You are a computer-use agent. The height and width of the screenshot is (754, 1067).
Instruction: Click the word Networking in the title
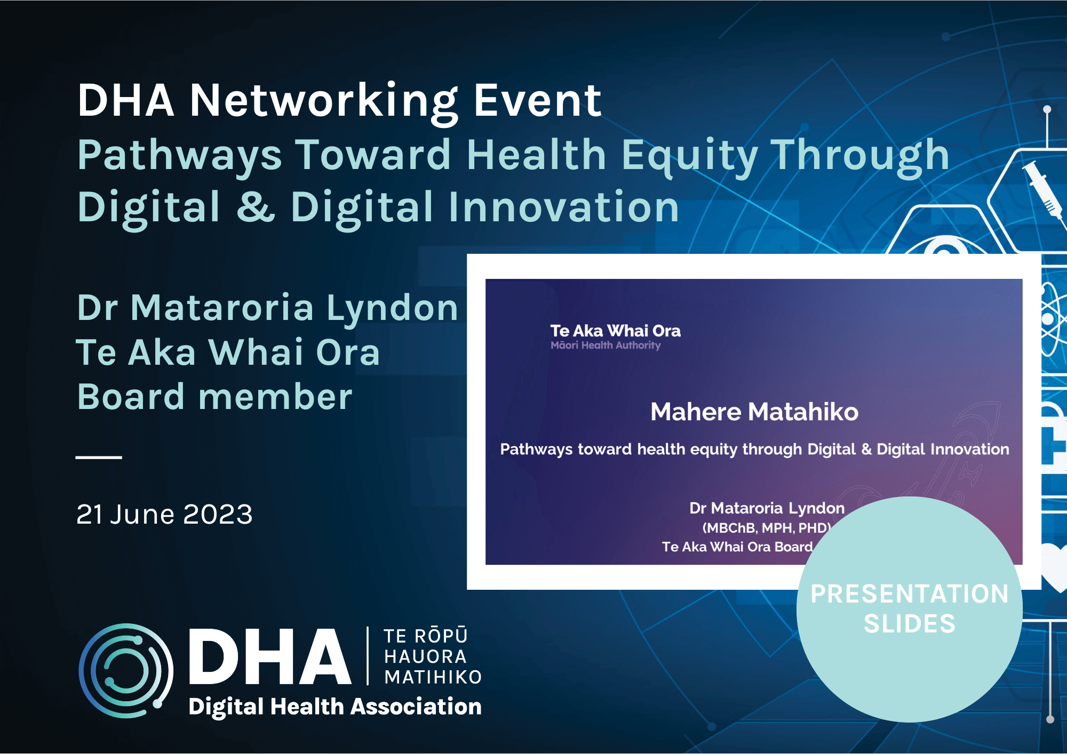click(x=324, y=102)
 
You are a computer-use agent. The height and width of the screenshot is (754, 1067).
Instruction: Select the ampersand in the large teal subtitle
click(x=256, y=207)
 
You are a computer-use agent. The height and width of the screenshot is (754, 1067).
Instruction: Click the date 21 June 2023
click(x=164, y=514)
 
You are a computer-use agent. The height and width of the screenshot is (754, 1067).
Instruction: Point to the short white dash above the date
click(x=99, y=457)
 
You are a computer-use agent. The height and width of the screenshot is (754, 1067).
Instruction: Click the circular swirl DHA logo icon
click(x=126, y=670)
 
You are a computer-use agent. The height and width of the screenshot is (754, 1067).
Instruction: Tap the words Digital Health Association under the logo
click(x=335, y=707)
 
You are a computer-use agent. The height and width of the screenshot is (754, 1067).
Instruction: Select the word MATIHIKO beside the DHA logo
click(x=433, y=677)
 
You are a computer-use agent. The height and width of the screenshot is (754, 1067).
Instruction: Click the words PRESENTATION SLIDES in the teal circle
click(x=910, y=608)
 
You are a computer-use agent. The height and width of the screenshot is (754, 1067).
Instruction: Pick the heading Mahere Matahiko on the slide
click(x=754, y=412)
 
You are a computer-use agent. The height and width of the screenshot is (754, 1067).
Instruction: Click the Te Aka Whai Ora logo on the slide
click(x=615, y=337)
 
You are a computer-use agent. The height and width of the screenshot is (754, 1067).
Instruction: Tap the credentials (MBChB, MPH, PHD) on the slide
click(x=767, y=528)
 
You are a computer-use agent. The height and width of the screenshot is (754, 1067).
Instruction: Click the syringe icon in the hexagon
click(x=1042, y=189)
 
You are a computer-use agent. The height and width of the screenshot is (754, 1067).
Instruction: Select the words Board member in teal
click(x=214, y=397)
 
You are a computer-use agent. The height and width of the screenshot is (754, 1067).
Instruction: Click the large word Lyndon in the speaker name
click(x=393, y=308)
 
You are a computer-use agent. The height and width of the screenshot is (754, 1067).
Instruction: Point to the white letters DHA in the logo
click(x=270, y=656)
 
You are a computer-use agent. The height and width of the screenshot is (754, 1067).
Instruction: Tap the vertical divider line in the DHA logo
click(x=368, y=656)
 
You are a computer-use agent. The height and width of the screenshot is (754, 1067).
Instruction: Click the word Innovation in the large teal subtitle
click(x=563, y=207)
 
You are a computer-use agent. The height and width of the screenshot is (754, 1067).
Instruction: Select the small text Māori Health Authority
click(x=606, y=346)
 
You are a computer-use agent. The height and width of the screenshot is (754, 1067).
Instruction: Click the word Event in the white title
click(x=538, y=101)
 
